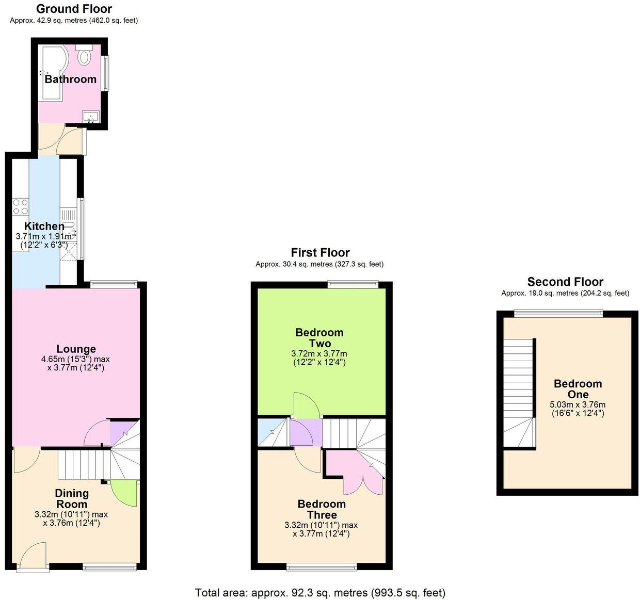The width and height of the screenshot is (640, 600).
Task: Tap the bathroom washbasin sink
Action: click(91, 118)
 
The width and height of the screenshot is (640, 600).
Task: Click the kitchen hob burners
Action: click(21, 206)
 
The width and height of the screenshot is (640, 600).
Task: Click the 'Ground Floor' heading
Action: click(74, 9)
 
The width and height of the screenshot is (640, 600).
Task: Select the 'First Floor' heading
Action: click(320, 253)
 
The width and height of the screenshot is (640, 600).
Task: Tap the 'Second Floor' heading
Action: click(565, 282)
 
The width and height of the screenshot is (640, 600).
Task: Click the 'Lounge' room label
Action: click(76, 349)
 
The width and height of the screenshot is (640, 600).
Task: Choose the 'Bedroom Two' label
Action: click(319, 338)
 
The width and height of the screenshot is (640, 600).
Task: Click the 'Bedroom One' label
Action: click(578, 389)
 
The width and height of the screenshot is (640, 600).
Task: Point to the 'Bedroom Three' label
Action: click(322, 509)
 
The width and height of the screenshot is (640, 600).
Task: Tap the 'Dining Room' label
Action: click(71, 499)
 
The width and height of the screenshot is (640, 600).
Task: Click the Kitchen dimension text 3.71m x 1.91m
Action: click(44, 236)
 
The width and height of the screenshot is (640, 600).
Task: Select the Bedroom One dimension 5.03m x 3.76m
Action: click(578, 404)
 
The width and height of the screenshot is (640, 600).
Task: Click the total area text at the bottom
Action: click(320, 593)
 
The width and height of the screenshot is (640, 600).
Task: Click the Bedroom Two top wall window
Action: click(353, 283)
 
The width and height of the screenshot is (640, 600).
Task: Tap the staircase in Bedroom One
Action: click(519, 392)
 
